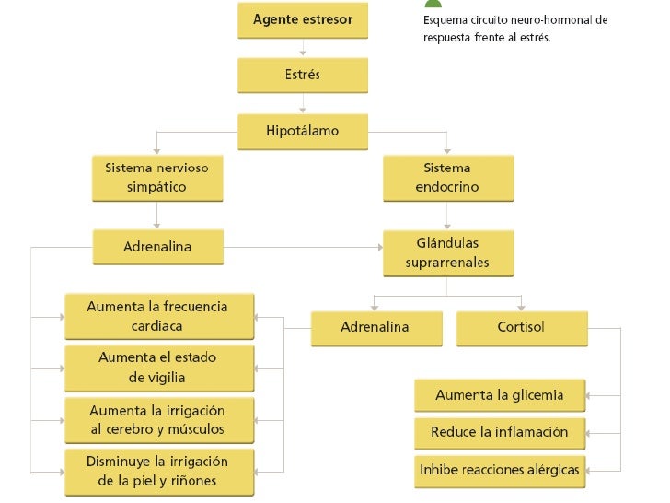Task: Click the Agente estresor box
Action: (x=302, y=19)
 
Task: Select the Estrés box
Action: (x=302, y=75)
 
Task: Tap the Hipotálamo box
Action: (x=302, y=131)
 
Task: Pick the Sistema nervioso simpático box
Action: (x=156, y=178)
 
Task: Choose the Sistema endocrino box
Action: (x=447, y=178)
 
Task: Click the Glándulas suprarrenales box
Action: (x=447, y=253)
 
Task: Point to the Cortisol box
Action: (x=520, y=327)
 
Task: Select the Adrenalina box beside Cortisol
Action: (x=375, y=327)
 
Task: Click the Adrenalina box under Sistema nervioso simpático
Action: (x=156, y=247)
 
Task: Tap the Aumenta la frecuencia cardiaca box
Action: (x=157, y=316)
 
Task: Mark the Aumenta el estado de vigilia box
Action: (x=157, y=367)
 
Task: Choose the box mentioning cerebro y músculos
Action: (x=157, y=419)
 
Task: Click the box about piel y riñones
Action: (x=157, y=471)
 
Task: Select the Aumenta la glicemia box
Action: (x=500, y=395)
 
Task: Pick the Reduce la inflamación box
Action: (x=500, y=432)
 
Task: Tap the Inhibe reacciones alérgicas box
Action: (x=500, y=470)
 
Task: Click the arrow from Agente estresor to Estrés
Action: (x=302, y=49)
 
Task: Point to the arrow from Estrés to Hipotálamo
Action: (x=302, y=103)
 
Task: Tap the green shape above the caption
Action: (x=433, y=4)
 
